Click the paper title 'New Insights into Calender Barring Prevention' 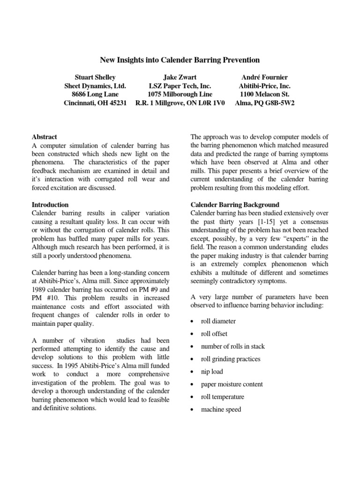(180, 60)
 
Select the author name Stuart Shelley (95, 77)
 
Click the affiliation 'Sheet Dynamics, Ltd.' (95, 86)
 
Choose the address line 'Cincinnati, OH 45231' (95, 103)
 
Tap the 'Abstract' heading (44, 137)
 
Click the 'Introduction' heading (50, 205)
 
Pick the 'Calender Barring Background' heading (234, 205)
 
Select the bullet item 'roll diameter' (218, 321)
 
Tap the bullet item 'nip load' (212, 372)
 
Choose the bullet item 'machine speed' (221, 409)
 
